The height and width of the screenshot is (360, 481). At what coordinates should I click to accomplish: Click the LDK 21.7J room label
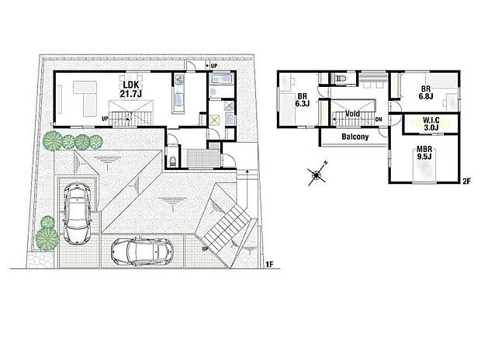[x=128, y=88]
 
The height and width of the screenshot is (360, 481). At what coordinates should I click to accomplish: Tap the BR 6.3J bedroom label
[x=303, y=101]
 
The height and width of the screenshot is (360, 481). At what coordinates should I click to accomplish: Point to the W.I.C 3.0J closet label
[x=432, y=124]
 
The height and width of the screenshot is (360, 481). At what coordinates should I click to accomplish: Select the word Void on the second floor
[x=351, y=114]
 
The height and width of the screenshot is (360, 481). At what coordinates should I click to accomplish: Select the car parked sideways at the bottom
[x=143, y=251]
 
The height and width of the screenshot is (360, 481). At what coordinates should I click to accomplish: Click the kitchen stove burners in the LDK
[x=179, y=80]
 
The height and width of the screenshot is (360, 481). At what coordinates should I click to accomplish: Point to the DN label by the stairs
[x=378, y=119]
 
